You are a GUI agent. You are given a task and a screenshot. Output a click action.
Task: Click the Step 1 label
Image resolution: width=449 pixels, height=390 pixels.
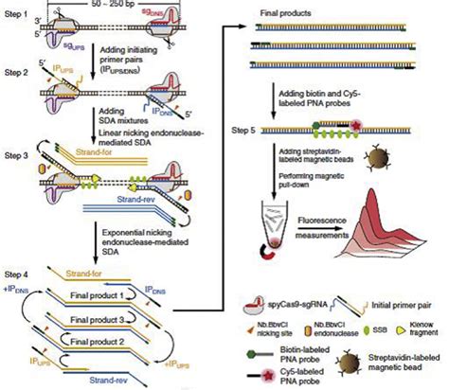coord(15,9)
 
